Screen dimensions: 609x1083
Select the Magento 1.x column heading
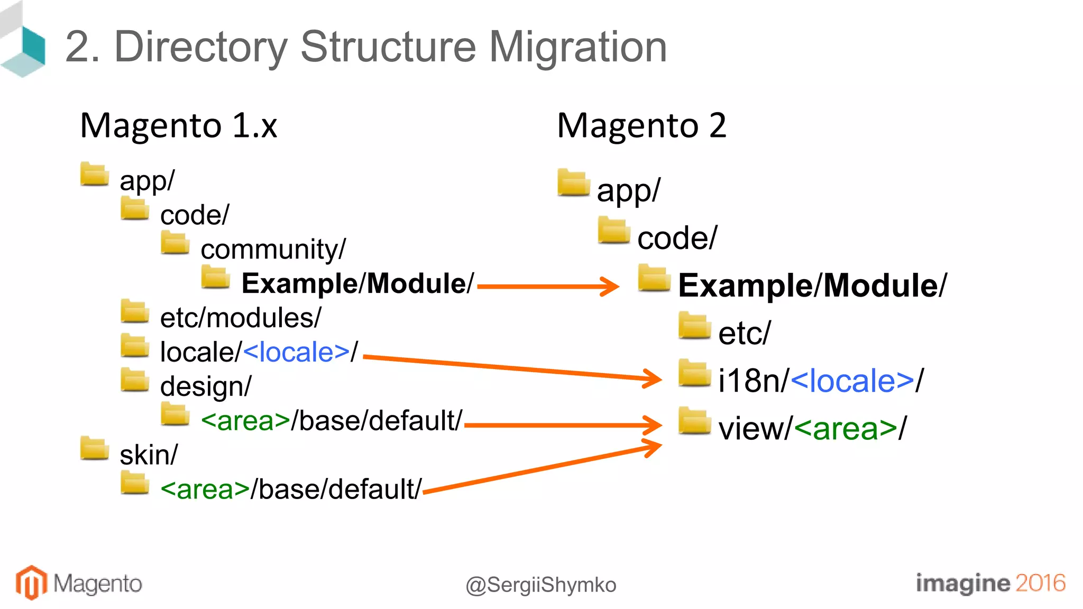pyautogui.click(x=178, y=126)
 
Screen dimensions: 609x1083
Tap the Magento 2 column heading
pyautogui.click(x=641, y=126)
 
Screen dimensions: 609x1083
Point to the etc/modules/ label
pyautogui.click(x=241, y=318)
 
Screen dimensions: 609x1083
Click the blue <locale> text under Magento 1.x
pyautogui.click(x=296, y=352)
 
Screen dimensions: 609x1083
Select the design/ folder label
pyautogui.click(x=206, y=386)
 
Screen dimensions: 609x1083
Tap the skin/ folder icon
pyautogui.click(x=95, y=448)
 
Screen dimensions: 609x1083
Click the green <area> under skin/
pyautogui.click(x=205, y=490)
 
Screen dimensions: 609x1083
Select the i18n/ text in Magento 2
pyautogui.click(x=753, y=381)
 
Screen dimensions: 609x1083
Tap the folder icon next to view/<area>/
pyautogui.click(x=694, y=421)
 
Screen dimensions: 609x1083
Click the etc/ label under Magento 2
pyautogui.click(x=745, y=334)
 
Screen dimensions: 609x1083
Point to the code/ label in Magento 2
pyautogui.click(x=677, y=238)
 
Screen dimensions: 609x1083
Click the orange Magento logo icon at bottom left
pyautogui.click(x=31, y=583)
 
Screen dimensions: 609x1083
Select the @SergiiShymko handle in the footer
pyautogui.click(x=540, y=585)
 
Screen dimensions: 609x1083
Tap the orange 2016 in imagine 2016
pyautogui.click(x=1040, y=583)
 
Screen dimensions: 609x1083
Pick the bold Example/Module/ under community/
pyautogui.click(x=357, y=284)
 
